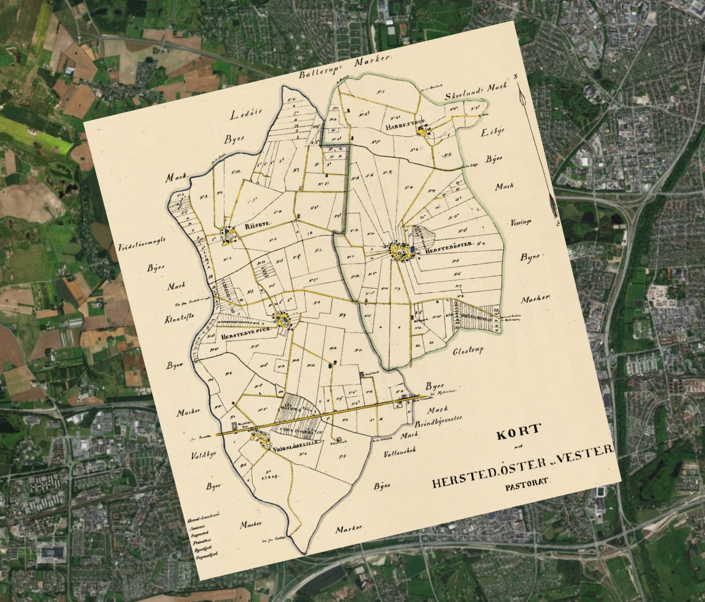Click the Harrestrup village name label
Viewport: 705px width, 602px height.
[x=401, y=127]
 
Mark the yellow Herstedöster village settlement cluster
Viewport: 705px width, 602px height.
[x=402, y=252]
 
